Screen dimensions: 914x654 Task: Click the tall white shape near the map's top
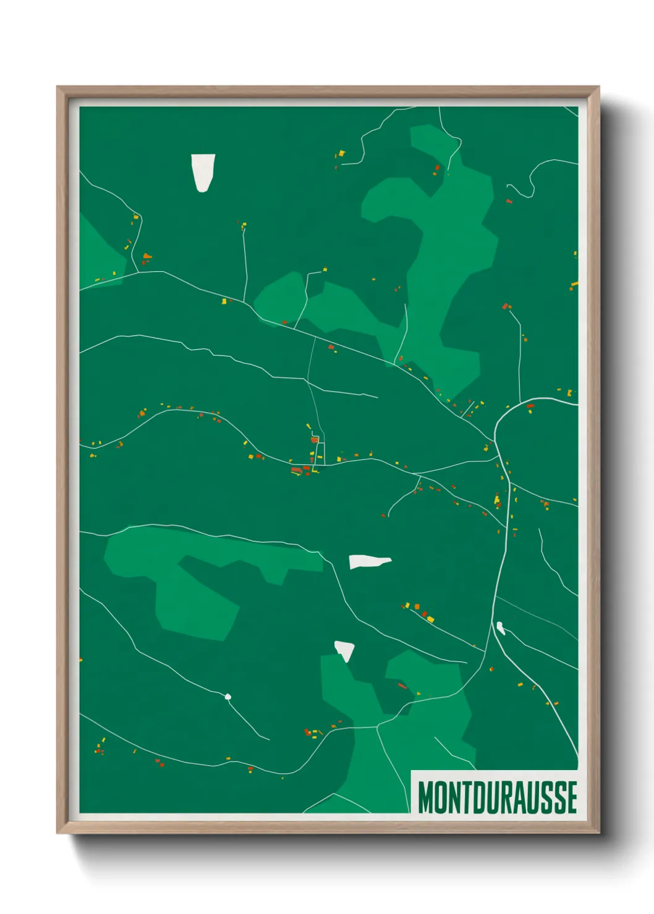[x=202, y=172]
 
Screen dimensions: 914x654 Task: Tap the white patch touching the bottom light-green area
[x=345, y=650]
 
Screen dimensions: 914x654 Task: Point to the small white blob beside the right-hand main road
[x=501, y=628]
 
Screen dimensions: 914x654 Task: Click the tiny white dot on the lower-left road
[x=228, y=697]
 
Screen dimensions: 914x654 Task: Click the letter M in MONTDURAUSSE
[x=427, y=798]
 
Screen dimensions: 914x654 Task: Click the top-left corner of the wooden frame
[x=59, y=88]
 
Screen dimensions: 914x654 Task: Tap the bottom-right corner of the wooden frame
[x=598, y=832]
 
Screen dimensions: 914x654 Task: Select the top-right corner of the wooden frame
[x=598, y=88]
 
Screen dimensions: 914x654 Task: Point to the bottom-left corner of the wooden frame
[x=59, y=832]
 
